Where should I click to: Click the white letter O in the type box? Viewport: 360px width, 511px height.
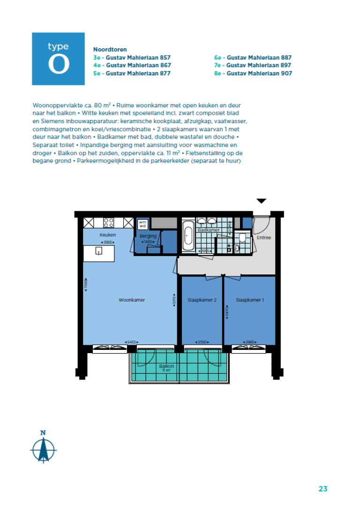coord(58,65)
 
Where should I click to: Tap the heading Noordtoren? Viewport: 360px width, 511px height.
coord(110,49)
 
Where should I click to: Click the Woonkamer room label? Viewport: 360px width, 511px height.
coord(132,300)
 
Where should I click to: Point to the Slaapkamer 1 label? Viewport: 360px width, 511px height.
coord(250,300)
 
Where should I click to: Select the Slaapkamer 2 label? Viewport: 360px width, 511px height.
coord(202,300)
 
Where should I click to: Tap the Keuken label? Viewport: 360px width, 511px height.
coord(107,235)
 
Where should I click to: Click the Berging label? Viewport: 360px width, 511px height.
coord(148,236)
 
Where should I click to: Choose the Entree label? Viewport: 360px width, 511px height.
coord(264,238)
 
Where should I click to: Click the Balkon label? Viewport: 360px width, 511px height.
coord(166,366)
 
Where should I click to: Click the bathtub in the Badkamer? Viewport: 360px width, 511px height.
coord(188,236)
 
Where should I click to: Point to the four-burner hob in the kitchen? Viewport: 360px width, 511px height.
coord(109,222)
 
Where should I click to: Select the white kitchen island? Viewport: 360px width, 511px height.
coord(99,253)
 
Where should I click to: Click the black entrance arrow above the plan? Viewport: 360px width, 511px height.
coord(261,201)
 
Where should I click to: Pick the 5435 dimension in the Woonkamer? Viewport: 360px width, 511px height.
coord(132,342)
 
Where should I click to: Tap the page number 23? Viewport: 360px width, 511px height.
coord(322,489)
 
